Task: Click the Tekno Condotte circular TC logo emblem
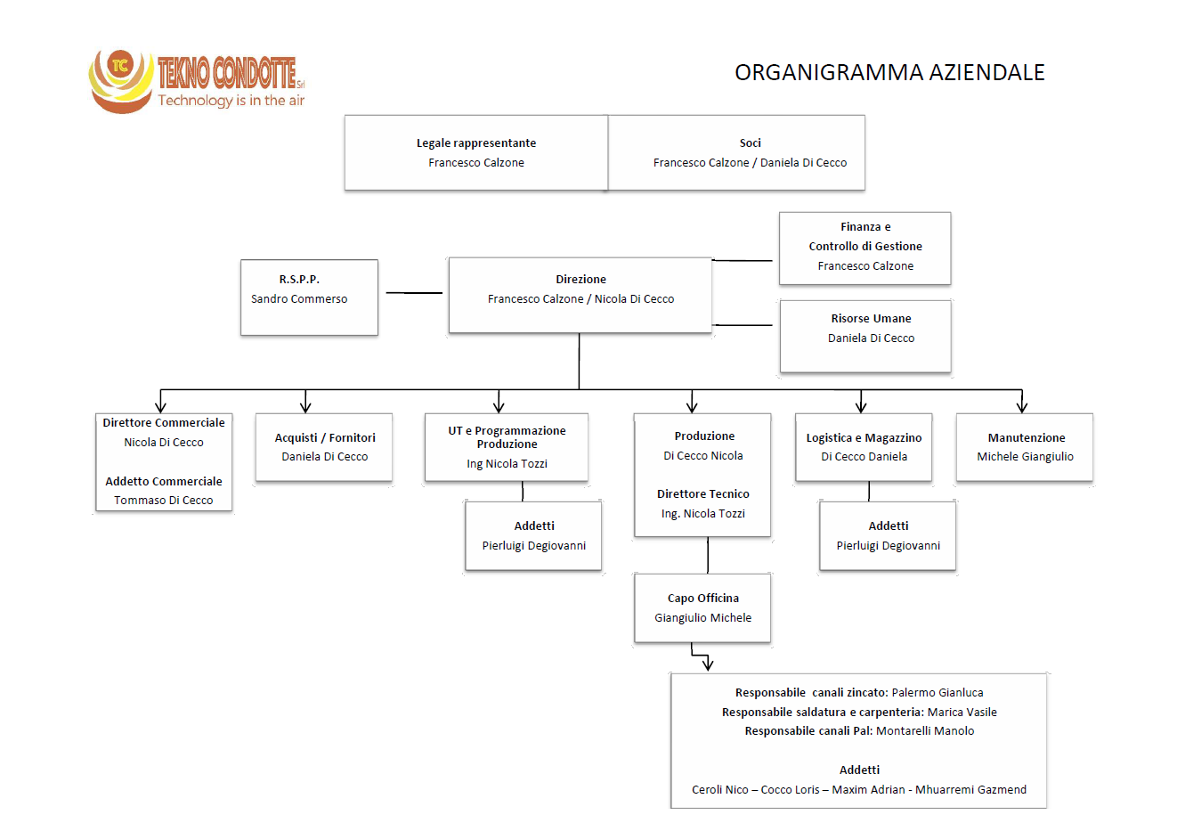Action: pos(121,80)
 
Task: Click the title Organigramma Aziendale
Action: pos(889,72)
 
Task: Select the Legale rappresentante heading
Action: pos(476,143)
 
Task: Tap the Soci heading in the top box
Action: pos(750,143)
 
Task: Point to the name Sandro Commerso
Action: pos(299,299)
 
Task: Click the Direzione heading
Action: pos(580,279)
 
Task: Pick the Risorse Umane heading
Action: pos(871,319)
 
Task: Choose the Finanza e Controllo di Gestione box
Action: pos(864,248)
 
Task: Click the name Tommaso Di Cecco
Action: pos(164,501)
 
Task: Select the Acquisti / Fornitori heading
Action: pos(325,438)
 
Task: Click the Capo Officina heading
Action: pos(703,598)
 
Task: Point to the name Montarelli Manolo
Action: pos(925,731)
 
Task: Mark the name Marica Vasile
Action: pos(962,713)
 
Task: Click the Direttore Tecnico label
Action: pos(703,494)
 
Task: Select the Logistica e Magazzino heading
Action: pos(864,438)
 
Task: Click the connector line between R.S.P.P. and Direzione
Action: pos(414,293)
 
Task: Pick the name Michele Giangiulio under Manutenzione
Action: pos(1025,457)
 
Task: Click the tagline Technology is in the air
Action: pos(231,101)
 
